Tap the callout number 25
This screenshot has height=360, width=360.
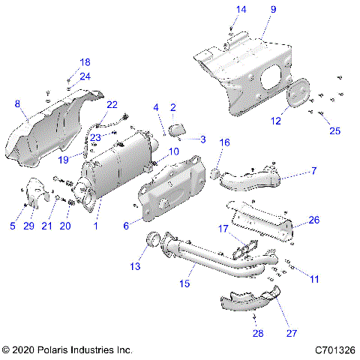(334, 130)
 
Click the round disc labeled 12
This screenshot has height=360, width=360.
(298, 95)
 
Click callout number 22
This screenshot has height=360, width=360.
(112, 104)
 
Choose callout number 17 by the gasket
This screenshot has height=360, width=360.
(222, 228)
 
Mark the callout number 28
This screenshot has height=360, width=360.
(259, 332)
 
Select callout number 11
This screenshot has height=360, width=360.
(314, 278)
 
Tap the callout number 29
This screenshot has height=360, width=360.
(30, 226)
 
